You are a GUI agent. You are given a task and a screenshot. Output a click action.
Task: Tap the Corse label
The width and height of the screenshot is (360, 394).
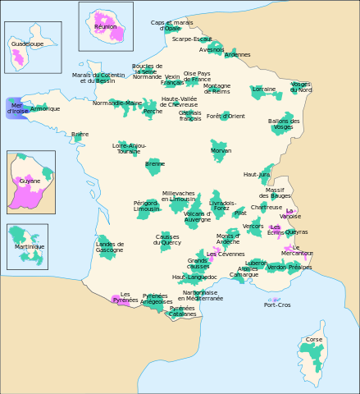tap(313, 339)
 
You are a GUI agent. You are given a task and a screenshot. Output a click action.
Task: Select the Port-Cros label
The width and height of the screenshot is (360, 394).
tap(277, 305)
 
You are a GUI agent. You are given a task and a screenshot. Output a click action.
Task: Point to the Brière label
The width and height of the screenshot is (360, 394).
tap(80, 134)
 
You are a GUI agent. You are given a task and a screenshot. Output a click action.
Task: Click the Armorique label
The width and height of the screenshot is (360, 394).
tap(45, 108)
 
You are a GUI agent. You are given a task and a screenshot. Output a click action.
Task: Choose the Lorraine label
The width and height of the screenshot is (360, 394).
tap(264, 89)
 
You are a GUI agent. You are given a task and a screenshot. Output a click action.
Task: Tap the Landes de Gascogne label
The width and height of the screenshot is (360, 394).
tap(110, 246)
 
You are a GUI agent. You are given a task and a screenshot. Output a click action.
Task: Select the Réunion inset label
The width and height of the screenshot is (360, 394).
tap(106, 26)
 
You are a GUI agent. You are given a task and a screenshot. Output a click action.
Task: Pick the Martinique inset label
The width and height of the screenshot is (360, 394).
tap(30, 246)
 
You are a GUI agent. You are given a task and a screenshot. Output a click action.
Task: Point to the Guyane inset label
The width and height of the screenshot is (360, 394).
tap(30, 180)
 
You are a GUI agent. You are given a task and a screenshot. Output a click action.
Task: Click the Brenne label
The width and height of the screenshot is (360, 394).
tap(155, 163)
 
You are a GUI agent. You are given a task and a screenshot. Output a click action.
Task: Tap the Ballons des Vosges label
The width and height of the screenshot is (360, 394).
tap(284, 124)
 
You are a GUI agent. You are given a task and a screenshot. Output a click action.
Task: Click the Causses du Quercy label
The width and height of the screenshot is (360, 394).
tap(167, 240)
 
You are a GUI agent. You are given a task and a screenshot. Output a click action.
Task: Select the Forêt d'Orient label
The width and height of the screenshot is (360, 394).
tap(226, 116)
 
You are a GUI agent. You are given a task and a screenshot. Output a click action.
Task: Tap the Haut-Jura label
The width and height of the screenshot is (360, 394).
tap(257, 174)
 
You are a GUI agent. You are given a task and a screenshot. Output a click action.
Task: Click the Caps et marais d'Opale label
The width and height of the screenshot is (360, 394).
tap(166, 25)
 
